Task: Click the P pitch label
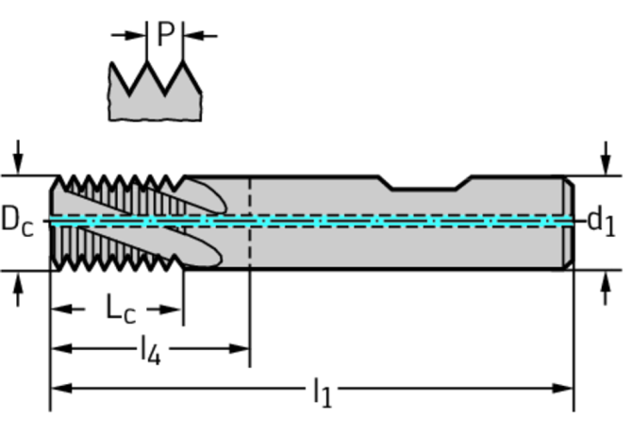tap(165, 35)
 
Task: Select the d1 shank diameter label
tap(601, 221)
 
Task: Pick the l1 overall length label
tap(322, 391)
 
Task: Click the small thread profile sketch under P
tap(156, 92)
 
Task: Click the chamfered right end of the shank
tap(568, 222)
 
